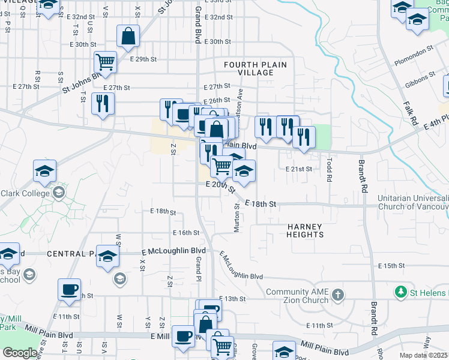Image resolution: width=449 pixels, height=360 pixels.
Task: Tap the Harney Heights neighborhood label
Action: click(x=305, y=230)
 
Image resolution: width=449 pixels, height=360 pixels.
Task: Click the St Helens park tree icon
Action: click(x=400, y=292)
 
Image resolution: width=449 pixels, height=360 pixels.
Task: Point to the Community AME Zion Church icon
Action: click(x=339, y=295)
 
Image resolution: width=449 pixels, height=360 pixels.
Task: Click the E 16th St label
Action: click(x=185, y=233)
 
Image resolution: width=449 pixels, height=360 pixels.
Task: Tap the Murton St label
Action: click(x=237, y=218)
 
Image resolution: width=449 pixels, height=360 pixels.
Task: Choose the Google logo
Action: click(x=20, y=353)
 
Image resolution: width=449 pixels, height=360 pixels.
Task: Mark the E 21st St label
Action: click(x=299, y=169)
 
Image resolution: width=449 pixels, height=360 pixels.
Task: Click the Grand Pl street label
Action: click(x=197, y=267)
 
